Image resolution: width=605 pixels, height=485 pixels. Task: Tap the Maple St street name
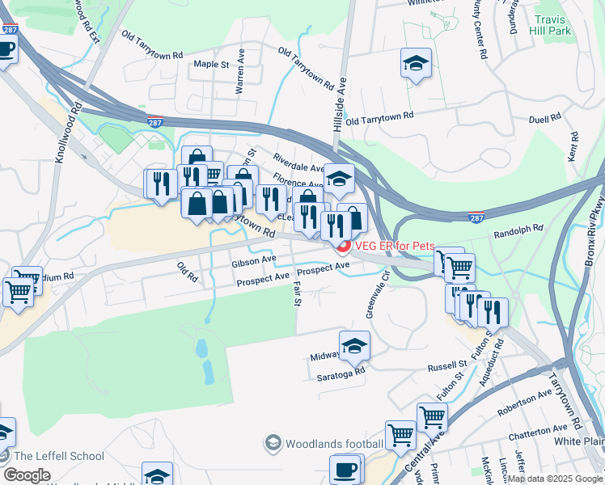(212, 64)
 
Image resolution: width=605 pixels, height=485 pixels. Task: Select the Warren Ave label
(240, 77)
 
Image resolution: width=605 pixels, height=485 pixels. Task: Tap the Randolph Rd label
(518, 231)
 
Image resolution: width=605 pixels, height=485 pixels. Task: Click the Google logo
(26, 475)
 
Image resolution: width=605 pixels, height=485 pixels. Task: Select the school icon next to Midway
(354, 346)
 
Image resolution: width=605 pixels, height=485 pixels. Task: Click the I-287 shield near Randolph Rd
(476, 216)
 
